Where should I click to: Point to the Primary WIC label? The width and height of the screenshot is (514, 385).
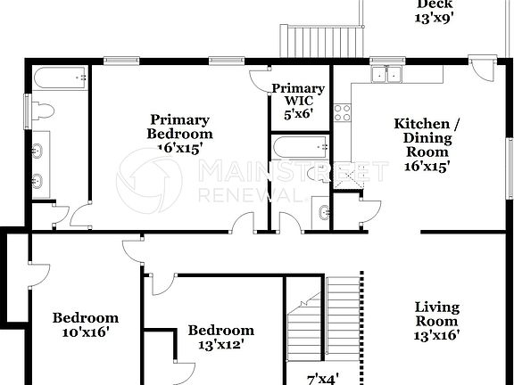(x=298, y=101)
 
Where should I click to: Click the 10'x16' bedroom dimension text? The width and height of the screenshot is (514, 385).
(x=86, y=332)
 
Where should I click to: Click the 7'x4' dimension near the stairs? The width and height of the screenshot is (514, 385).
(x=322, y=378)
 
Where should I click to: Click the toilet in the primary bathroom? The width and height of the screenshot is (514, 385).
(x=45, y=111)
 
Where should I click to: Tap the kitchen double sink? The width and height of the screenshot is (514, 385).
(x=386, y=76)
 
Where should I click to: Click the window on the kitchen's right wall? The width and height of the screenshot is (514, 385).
(x=510, y=160)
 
